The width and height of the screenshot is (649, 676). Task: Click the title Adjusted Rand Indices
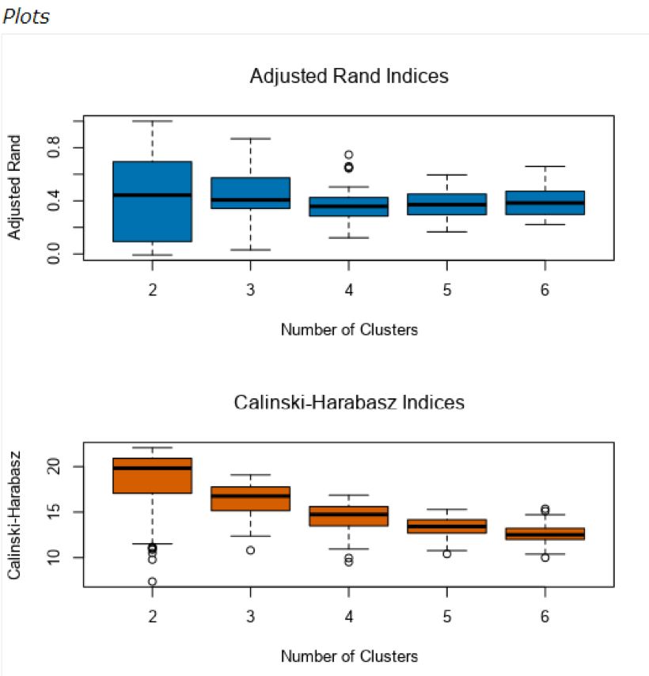coord(349,77)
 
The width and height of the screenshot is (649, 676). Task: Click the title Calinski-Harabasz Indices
coord(349,402)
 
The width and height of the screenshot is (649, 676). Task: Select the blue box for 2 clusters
coord(152,202)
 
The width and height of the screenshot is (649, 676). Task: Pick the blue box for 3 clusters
coord(250,193)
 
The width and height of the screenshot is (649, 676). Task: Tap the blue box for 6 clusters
coord(545,203)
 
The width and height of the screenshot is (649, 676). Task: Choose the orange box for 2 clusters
coord(152,476)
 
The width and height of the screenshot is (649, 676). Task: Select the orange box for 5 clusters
coord(447,526)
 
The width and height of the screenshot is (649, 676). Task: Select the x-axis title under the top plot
coord(349,330)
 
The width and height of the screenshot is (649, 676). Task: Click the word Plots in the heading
coord(27,17)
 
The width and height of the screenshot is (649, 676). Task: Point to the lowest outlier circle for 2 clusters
coord(152,582)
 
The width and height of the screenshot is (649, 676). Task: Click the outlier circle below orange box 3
coord(250,550)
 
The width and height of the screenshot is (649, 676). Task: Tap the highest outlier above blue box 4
coord(348,155)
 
